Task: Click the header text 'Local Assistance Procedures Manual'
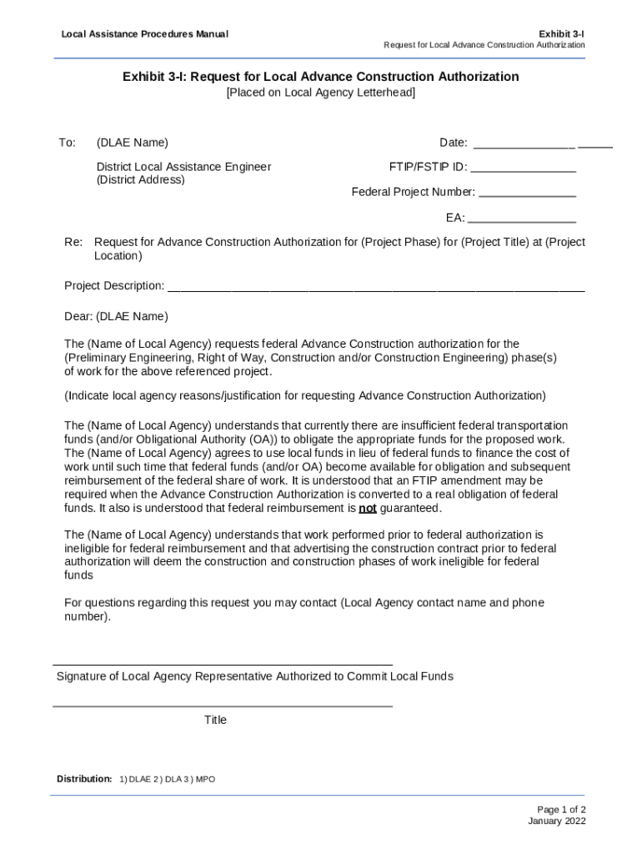pyautogui.click(x=144, y=34)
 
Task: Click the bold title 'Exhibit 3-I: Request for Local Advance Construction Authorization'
pyautogui.click(x=320, y=77)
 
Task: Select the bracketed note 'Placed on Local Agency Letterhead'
pyautogui.click(x=320, y=93)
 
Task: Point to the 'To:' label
pyautogui.click(x=67, y=143)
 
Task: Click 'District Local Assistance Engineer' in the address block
pyautogui.click(x=183, y=167)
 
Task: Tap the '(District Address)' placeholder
pyautogui.click(x=140, y=179)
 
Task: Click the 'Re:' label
pyautogui.click(x=73, y=242)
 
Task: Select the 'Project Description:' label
pyautogui.click(x=114, y=286)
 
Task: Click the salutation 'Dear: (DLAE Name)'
pyautogui.click(x=116, y=316)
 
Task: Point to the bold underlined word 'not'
pyautogui.click(x=367, y=508)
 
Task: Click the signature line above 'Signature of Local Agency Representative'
pyautogui.click(x=223, y=665)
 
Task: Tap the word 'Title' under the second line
pyautogui.click(x=215, y=720)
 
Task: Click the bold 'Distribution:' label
pyautogui.click(x=84, y=779)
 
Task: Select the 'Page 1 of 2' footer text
pyautogui.click(x=561, y=809)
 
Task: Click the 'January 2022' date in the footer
pyautogui.click(x=556, y=821)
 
